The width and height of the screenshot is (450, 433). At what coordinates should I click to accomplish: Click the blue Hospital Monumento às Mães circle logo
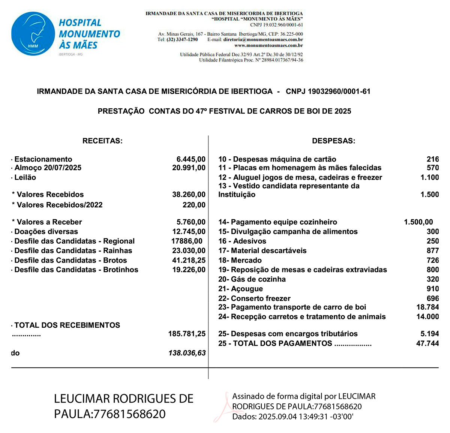point(33,34)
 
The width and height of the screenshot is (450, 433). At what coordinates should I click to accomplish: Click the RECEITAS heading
point(102,141)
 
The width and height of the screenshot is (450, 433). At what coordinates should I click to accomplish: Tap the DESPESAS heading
point(333,141)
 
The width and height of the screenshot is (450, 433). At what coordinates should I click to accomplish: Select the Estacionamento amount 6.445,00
point(191,159)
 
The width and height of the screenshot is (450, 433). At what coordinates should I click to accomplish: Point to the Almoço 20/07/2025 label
point(48,168)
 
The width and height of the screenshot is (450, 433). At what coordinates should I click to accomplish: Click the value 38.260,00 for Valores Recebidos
point(189,195)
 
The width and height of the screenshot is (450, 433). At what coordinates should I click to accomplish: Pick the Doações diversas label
point(46,232)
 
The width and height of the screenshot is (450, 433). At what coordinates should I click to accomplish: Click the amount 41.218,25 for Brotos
point(189,260)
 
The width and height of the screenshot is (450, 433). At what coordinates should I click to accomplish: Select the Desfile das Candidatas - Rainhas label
point(73,250)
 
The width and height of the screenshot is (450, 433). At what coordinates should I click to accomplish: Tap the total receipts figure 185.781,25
point(187,334)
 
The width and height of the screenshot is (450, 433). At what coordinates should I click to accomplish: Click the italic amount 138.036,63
point(187,353)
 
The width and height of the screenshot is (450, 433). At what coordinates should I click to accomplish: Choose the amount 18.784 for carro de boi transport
point(427,307)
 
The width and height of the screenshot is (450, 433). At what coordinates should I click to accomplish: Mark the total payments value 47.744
point(427,343)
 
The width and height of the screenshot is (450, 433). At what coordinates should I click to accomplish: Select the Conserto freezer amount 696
point(433,298)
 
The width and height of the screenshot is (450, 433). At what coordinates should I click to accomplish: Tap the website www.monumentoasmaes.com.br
point(268,45)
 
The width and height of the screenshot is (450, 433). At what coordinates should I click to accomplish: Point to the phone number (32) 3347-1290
point(182,39)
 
